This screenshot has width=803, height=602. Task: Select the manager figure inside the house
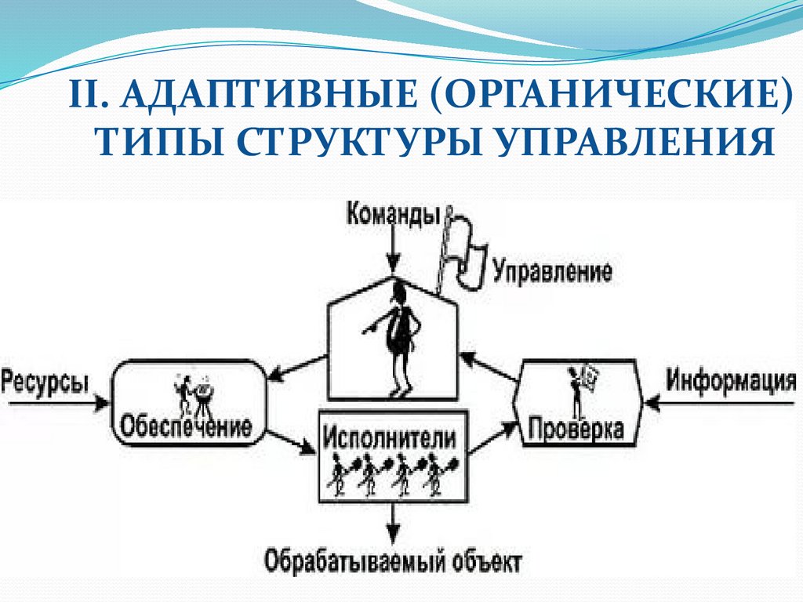click(x=399, y=337)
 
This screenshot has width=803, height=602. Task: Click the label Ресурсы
click(x=45, y=383)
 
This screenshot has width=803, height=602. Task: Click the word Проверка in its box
click(x=576, y=430)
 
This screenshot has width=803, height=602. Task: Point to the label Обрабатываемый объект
click(x=392, y=562)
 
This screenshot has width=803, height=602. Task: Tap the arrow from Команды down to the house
click(x=394, y=251)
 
